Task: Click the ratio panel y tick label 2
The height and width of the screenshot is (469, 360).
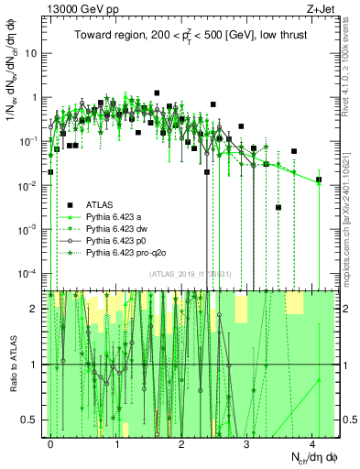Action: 37,309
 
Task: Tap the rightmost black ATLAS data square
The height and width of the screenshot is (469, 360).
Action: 318,180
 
